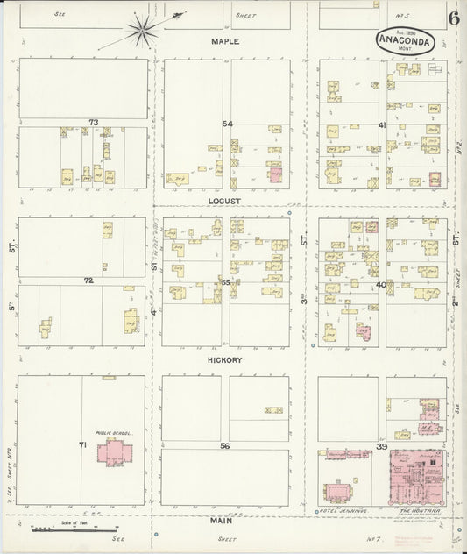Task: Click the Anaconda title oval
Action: pos(406,41)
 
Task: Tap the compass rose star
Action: pos(139,32)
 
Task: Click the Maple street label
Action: pos(224,41)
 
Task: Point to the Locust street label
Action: pos(224,201)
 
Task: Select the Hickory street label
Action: pos(224,359)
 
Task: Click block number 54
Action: pos(227,123)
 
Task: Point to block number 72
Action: pos(88,281)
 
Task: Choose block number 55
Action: pos(225,282)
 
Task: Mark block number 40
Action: pos(381,284)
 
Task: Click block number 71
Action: pos(82,445)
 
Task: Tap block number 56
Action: pos(225,445)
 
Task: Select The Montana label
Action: pos(417,509)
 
